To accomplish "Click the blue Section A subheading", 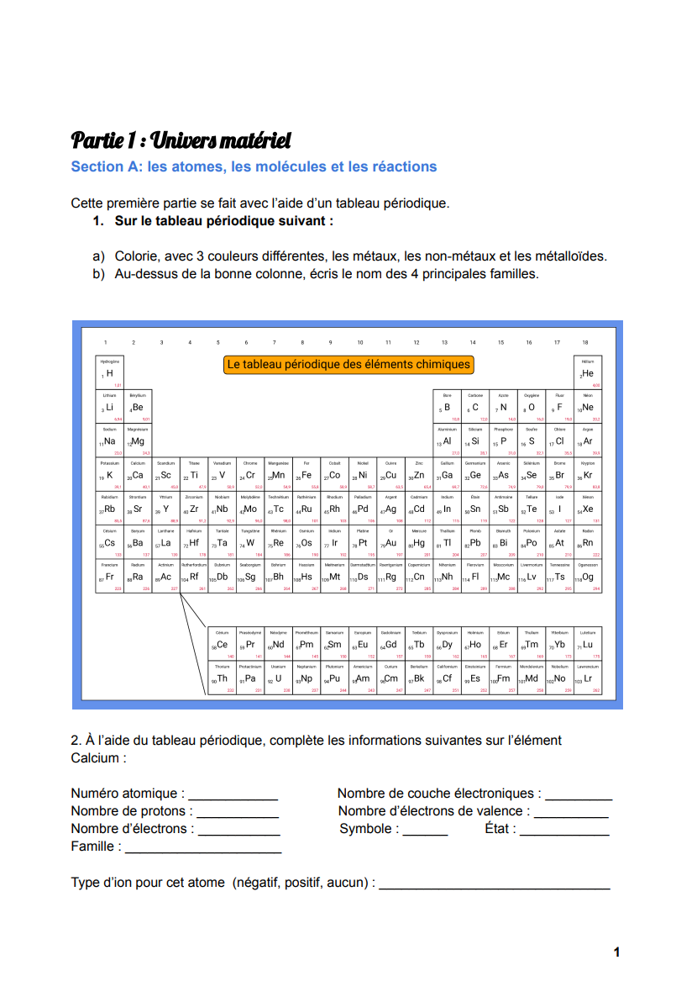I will tap(254, 166).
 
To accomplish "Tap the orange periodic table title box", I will tap(348, 365).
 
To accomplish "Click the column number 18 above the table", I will tap(585, 342).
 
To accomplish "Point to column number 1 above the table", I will tap(106, 342).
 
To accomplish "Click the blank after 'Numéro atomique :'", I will tap(233, 794).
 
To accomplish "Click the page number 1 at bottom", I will tap(616, 952).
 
